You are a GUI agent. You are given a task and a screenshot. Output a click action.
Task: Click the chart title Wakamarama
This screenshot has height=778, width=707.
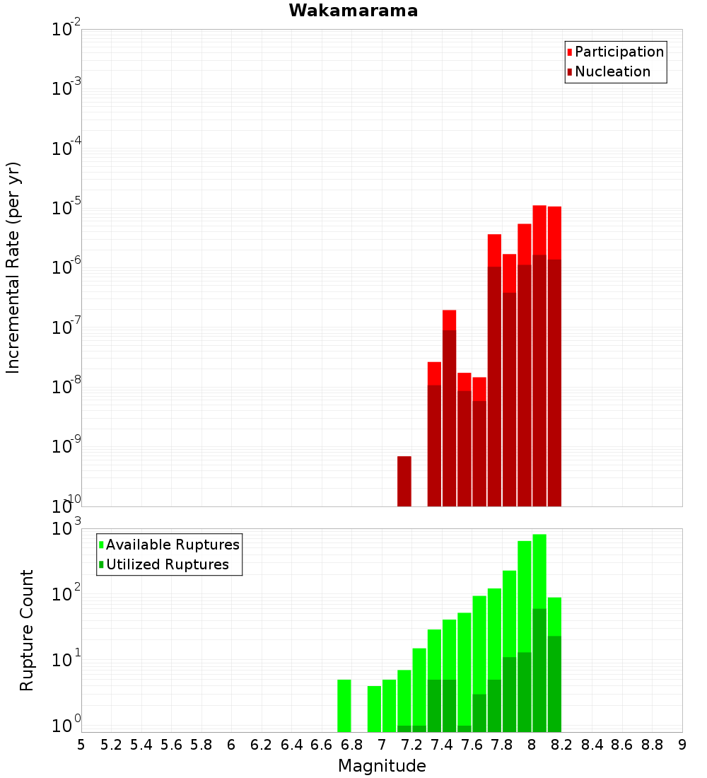point(353,11)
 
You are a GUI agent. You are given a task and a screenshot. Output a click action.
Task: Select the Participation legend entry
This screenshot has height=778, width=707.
point(615,52)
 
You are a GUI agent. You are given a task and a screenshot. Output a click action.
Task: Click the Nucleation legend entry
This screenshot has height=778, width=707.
point(609,71)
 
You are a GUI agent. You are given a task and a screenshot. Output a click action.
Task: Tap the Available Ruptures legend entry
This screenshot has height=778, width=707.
point(169,545)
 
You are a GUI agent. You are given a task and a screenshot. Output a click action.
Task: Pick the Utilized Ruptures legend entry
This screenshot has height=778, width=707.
point(164,564)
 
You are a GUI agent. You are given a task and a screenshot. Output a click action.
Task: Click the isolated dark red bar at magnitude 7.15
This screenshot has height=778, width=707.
point(404,481)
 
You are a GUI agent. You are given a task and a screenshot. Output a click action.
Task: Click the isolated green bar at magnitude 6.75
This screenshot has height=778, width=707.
point(344,706)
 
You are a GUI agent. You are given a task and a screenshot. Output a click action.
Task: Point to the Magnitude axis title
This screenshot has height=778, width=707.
point(382,765)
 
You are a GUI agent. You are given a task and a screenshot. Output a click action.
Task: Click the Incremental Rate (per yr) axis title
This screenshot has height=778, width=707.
point(13,267)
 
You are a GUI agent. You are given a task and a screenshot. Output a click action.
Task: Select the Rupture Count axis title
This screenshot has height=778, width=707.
point(26,630)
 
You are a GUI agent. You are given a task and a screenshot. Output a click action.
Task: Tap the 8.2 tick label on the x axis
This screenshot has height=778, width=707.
point(561,745)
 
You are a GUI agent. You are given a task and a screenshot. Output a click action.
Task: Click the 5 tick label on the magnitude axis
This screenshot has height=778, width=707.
point(81,745)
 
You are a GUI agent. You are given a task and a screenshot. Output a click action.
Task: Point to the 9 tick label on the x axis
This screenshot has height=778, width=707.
point(682,745)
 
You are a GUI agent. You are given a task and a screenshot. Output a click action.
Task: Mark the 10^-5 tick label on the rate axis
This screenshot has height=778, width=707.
point(66,207)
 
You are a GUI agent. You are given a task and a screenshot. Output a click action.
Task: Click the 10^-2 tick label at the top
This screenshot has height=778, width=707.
point(66,28)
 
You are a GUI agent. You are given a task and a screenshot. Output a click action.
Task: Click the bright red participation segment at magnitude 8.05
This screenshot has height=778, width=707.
point(539,231)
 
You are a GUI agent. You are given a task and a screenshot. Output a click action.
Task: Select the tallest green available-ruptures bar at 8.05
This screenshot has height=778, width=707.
point(539,571)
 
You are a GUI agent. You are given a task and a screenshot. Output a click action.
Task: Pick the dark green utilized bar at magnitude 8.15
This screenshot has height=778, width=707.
point(555,684)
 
